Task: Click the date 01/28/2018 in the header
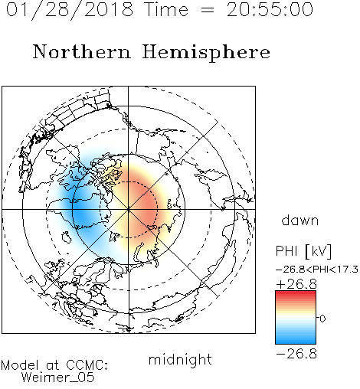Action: click(70, 9)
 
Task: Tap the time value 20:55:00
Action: click(270, 9)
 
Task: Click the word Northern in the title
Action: click(82, 51)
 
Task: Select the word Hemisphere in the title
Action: click(206, 53)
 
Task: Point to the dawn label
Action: click(300, 220)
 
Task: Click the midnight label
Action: click(180, 359)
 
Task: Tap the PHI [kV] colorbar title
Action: click(303, 251)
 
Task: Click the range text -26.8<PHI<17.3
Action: click(317, 270)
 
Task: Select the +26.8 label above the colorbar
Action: click(296, 284)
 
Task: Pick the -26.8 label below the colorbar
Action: click(296, 354)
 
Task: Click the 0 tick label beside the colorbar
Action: click(322, 319)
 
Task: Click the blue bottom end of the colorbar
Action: click(296, 342)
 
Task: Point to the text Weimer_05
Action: click(58, 378)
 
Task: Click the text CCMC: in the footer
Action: click(87, 365)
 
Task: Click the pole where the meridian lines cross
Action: click(129, 210)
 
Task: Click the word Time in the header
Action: click(166, 9)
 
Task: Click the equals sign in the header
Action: click(208, 10)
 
